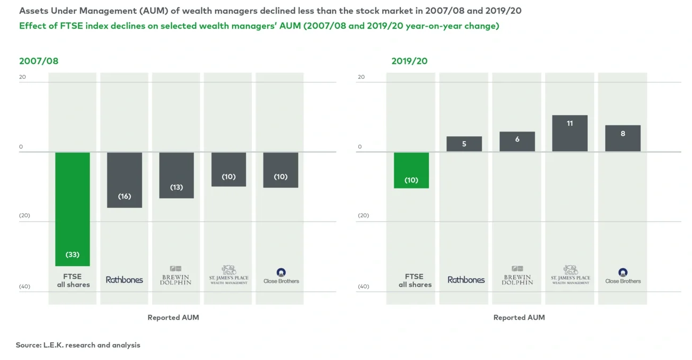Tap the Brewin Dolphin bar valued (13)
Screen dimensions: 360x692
click(176, 175)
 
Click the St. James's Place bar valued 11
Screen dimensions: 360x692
click(570, 133)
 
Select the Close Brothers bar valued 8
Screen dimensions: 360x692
click(623, 138)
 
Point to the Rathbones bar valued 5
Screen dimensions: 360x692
click(464, 144)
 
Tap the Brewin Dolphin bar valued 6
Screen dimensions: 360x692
click(517, 142)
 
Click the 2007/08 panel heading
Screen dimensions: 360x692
click(39, 61)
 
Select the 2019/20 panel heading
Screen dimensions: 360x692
click(409, 61)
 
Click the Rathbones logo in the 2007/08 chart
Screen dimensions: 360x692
click(125, 280)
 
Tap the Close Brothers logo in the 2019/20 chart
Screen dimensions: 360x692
click(623, 276)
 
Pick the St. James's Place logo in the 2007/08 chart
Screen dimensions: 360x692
click(228, 275)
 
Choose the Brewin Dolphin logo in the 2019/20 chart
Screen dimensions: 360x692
click(517, 276)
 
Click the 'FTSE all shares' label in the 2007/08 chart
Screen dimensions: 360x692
click(73, 281)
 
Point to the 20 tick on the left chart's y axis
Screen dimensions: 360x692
click(22, 77)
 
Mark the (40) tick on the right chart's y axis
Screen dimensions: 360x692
click(363, 287)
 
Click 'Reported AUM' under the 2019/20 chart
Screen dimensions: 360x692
click(519, 317)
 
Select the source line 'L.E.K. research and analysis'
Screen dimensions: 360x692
click(78, 345)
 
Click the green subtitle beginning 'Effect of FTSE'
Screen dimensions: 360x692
click(259, 26)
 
